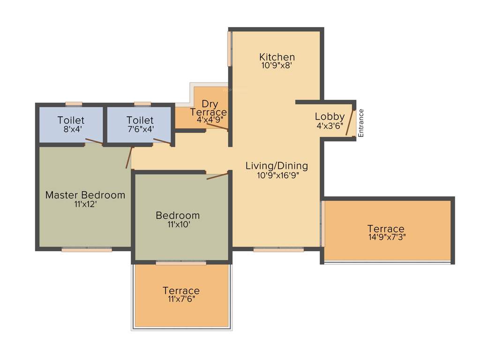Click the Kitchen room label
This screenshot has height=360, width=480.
tap(277, 57)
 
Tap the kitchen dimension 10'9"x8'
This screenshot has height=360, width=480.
tap(277, 66)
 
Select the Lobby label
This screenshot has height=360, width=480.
tap(330, 116)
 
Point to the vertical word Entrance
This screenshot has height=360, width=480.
tap(361, 123)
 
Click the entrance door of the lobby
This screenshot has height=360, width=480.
tap(350, 123)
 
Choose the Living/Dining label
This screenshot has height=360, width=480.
tap(277, 165)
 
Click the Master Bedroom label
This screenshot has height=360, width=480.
tap(85, 195)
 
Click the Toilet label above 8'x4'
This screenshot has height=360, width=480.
tap(71, 120)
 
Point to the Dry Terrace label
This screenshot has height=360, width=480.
tap(208, 108)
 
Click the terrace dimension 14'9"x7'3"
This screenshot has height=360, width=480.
tap(387, 237)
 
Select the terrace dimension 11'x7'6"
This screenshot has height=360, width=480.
tap(181, 299)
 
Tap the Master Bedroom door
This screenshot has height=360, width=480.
tap(129, 157)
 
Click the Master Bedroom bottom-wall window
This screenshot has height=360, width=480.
tap(87, 250)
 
